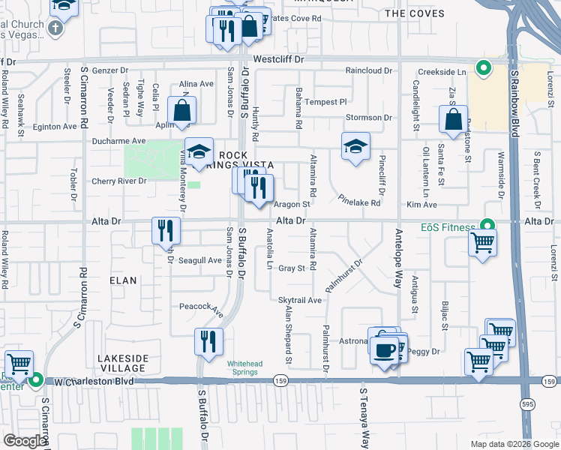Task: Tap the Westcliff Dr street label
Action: [280, 58]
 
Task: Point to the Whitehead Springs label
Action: [244, 367]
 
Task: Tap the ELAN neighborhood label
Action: [123, 280]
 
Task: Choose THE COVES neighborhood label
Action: [414, 13]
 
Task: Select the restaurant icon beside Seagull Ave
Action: [166, 230]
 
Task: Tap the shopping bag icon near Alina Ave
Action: [182, 112]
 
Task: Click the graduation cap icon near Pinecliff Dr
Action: [356, 145]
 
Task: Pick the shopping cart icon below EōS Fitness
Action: [481, 243]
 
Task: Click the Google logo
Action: [25, 441]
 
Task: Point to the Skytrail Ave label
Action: [300, 300]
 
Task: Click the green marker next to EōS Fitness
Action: [487, 224]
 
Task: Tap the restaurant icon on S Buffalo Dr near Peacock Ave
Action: [208, 342]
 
